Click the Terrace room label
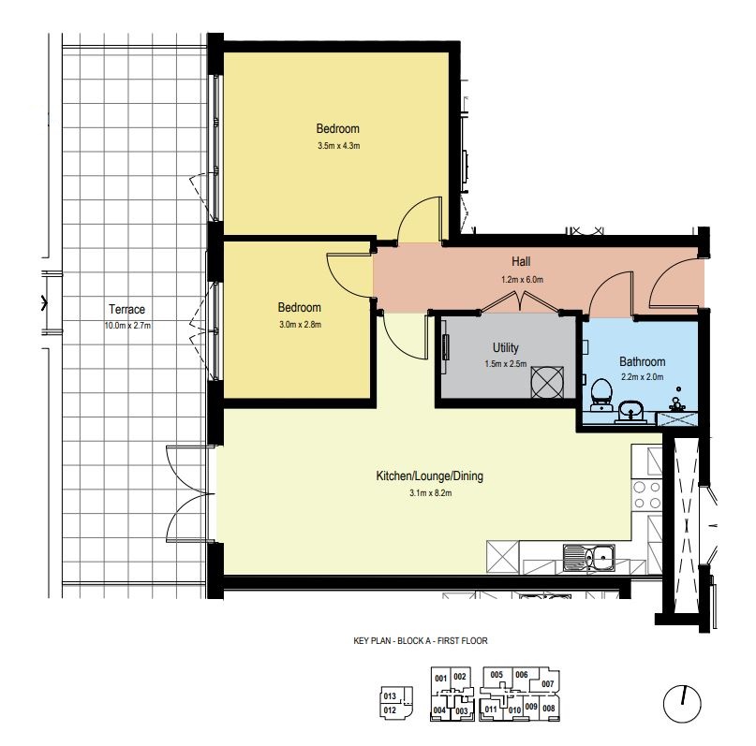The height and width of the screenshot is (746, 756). pyautogui.click(x=126, y=309)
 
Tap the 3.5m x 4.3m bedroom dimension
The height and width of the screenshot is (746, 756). pyautogui.click(x=338, y=145)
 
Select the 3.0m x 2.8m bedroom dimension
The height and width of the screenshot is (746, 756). pyautogui.click(x=300, y=325)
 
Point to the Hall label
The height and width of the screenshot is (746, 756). pyautogui.click(x=521, y=261)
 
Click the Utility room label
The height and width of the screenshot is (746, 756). pyautogui.click(x=505, y=347)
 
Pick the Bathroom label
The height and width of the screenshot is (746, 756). pyautogui.click(x=643, y=361)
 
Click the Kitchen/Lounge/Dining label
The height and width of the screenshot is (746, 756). pyautogui.click(x=430, y=475)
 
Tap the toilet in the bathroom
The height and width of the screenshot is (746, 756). pyautogui.click(x=600, y=394)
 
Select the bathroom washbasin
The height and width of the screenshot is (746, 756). pyautogui.click(x=630, y=412)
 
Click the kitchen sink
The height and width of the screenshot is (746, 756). pyautogui.click(x=589, y=558)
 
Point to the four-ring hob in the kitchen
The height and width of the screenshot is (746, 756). pyautogui.click(x=647, y=494)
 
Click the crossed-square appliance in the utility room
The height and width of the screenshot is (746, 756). pyautogui.click(x=547, y=383)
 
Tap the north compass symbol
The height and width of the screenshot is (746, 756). pyautogui.click(x=682, y=704)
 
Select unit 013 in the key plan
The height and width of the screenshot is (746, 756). pyautogui.click(x=390, y=695)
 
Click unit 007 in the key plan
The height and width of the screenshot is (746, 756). pyautogui.click(x=548, y=684)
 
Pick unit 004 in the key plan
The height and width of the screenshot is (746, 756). pyautogui.click(x=439, y=709)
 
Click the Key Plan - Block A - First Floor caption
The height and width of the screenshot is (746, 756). pyautogui.click(x=421, y=640)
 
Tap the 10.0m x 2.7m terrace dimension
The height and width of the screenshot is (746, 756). pyautogui.click(x=127, y=326)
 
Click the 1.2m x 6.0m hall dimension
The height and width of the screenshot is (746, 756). pyautogui.click(x=522, y=279)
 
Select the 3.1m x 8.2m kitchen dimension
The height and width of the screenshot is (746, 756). pyautogui.click(x=431, y=492)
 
